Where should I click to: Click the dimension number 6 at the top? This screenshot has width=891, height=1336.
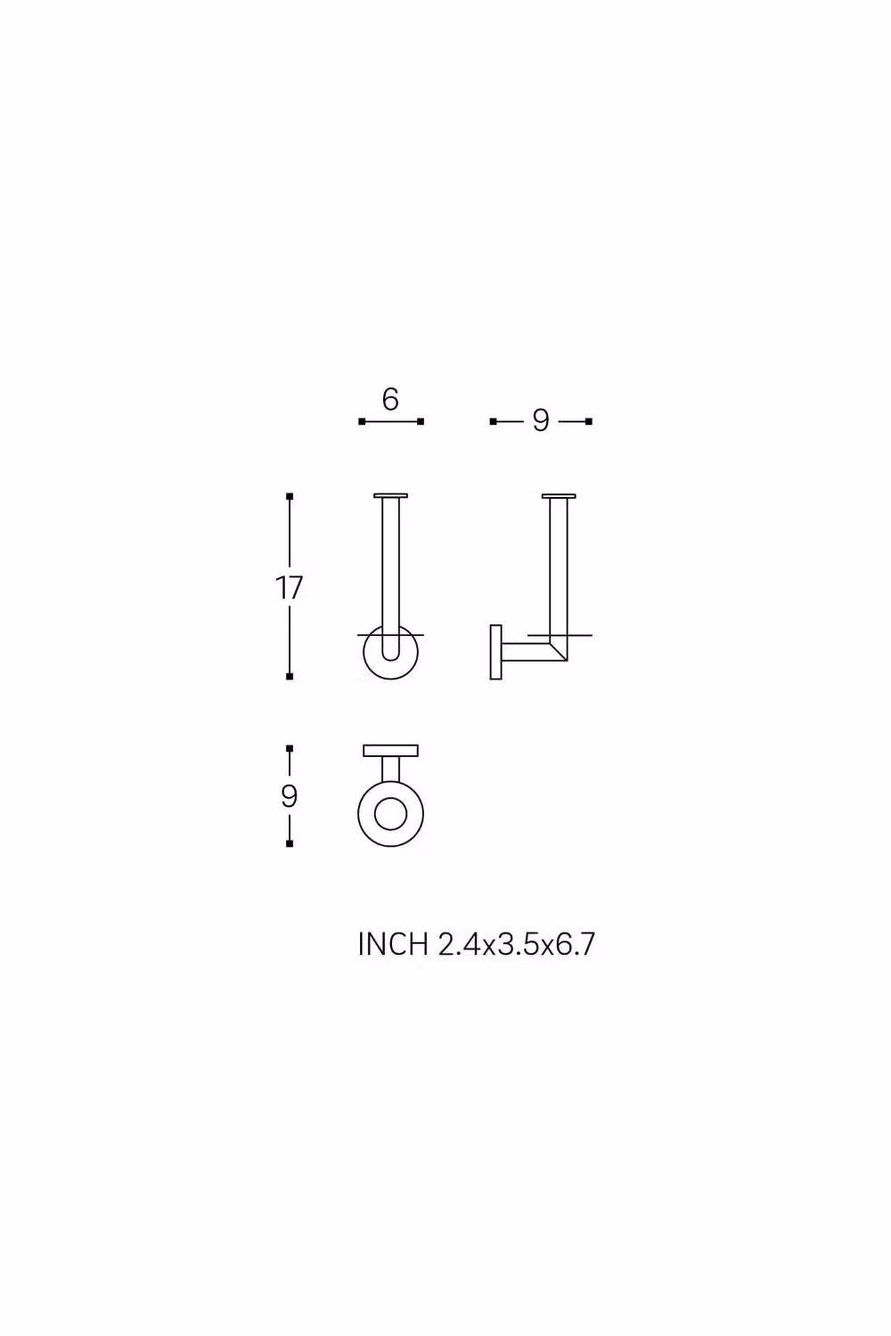390,400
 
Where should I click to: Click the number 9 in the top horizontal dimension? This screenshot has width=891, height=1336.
541,421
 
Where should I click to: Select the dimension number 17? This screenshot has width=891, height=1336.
290,588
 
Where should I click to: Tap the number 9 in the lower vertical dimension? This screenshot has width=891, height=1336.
290,795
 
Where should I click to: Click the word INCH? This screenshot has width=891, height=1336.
393,944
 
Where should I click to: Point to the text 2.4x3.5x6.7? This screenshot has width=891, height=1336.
517,944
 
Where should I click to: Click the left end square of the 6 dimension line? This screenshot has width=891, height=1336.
362,421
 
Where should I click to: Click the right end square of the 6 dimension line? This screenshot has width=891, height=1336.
421,421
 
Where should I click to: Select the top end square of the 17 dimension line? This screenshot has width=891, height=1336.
290,496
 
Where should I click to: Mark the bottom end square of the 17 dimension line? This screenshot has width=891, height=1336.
290,676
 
